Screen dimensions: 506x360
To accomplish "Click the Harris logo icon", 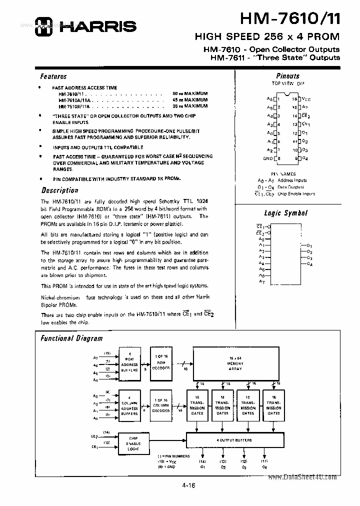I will [43, 26].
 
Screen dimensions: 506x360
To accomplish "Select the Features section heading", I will [53, 76].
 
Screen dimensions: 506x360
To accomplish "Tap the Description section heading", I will [59, 190].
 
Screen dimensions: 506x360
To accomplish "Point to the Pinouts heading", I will [287, 76].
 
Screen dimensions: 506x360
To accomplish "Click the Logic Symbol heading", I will [285, 213].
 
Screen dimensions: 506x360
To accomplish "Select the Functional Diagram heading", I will [71, 338].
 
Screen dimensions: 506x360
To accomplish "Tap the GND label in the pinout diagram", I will [268, 158].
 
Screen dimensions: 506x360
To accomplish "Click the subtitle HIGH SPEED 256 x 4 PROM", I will [266, 37].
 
